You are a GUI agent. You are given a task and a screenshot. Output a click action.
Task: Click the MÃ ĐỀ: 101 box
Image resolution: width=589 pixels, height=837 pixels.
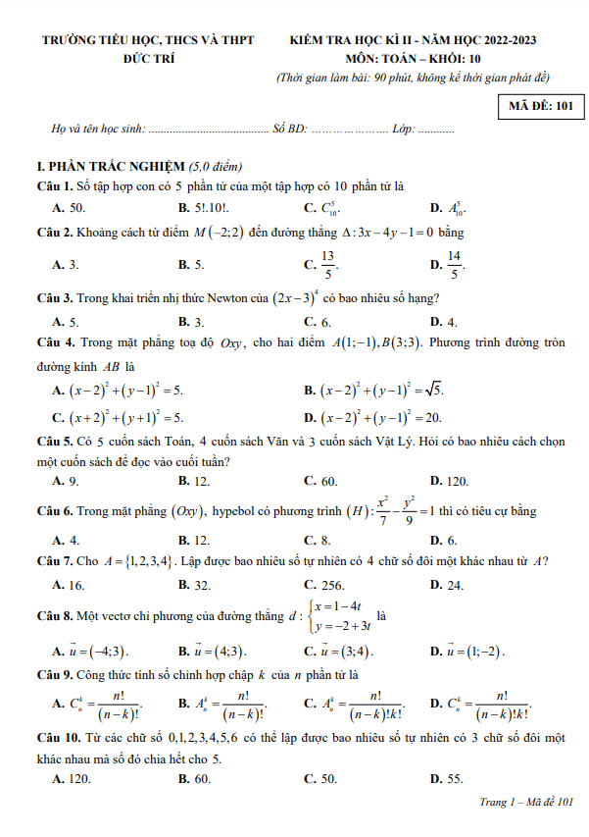pyautogui.click(x=540, y=104)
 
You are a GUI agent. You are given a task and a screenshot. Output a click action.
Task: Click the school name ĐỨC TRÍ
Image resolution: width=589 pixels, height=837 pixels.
pyautogui.click(x=148, y=58)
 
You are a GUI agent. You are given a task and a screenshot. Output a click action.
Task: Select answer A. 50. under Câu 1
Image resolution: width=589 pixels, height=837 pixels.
pyautogui.click(x=69, y=207)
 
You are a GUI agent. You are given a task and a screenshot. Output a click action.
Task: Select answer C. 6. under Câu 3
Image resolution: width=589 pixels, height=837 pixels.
pyautogui.click(x=317, y=321)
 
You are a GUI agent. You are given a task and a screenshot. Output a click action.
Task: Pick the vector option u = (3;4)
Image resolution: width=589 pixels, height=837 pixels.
pyautogui.click(x=339, y=651)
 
